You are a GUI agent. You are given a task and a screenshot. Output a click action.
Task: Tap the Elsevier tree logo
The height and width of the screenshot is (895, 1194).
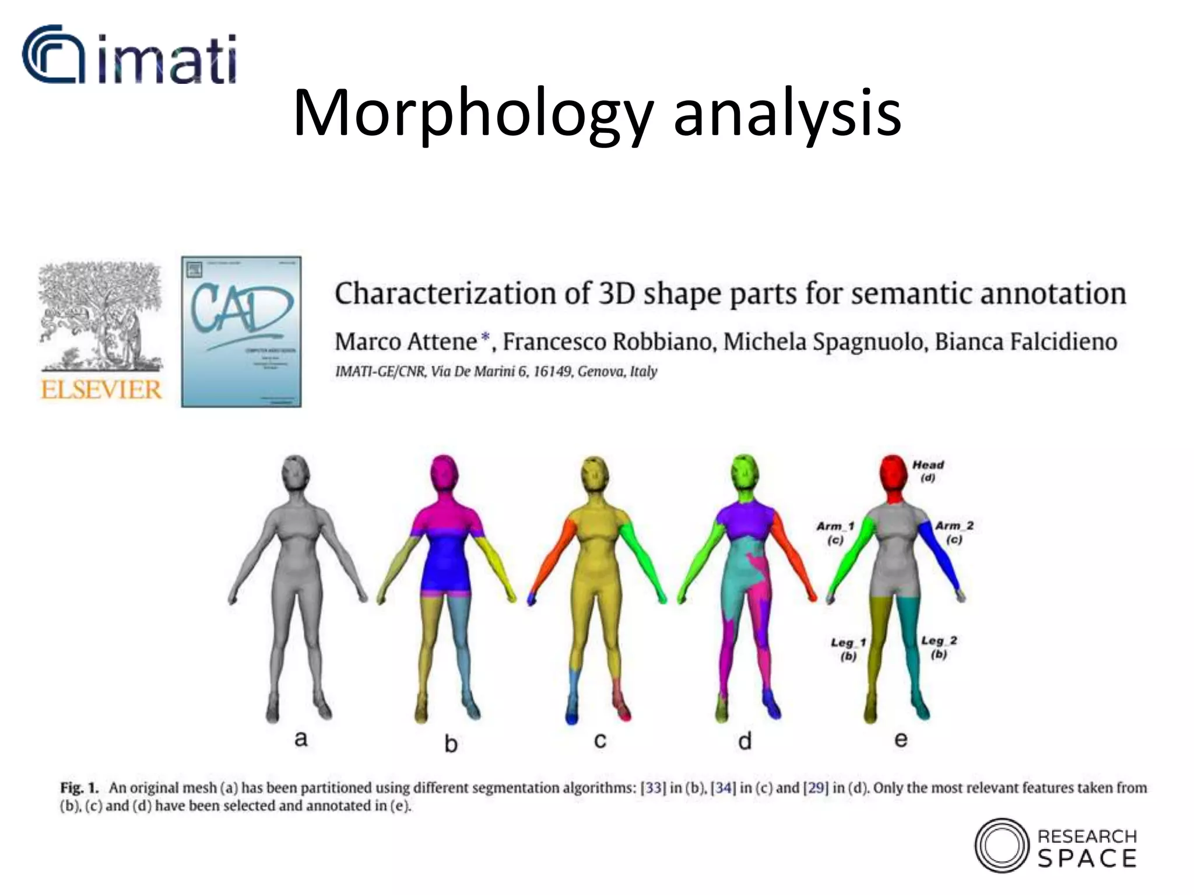[100, 318]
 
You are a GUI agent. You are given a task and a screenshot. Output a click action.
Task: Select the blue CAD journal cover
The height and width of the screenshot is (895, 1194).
[241, 332]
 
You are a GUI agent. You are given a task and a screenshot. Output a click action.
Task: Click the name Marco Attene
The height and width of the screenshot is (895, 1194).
[406, 341]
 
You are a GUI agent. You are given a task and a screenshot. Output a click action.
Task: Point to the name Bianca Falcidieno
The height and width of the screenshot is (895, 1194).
[1026, 341]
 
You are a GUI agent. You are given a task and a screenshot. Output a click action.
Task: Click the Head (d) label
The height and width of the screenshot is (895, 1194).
[928, 471]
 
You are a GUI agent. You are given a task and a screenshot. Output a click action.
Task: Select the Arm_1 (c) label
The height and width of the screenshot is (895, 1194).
[835, 533]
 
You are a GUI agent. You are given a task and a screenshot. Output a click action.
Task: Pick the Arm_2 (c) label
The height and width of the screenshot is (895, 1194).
[954, 532]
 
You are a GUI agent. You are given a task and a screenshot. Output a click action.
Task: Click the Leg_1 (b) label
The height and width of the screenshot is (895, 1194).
[848, 649]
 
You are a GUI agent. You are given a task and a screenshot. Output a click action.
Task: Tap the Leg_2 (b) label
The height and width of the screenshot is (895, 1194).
[939, 647]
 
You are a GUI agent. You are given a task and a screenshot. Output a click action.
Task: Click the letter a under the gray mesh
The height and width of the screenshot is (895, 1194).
[301, 739]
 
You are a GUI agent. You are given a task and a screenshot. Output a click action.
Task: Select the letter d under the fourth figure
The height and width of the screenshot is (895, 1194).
[745, 741]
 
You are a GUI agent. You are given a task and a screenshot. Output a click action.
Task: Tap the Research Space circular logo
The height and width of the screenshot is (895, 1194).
[1002, 845]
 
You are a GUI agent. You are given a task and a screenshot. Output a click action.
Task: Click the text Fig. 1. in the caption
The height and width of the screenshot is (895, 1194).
[79, 788]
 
